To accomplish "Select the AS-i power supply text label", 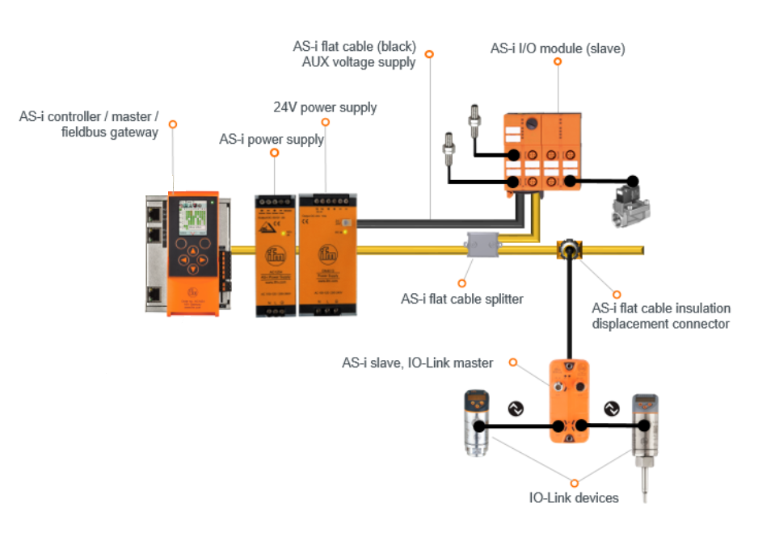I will pos(272,139).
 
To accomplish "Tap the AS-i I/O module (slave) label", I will pos(558,48).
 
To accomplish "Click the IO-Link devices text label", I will pos(574,497).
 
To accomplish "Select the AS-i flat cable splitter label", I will pos(462,299).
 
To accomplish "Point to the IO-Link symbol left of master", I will pos(515,409).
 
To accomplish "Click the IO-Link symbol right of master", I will pos(612,409).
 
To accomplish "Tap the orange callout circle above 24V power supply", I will pos(326,123).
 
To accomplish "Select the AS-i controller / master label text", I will pos(89,124).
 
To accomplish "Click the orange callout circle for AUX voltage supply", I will pos(429,54).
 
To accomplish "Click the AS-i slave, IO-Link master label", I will pos(417,363).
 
